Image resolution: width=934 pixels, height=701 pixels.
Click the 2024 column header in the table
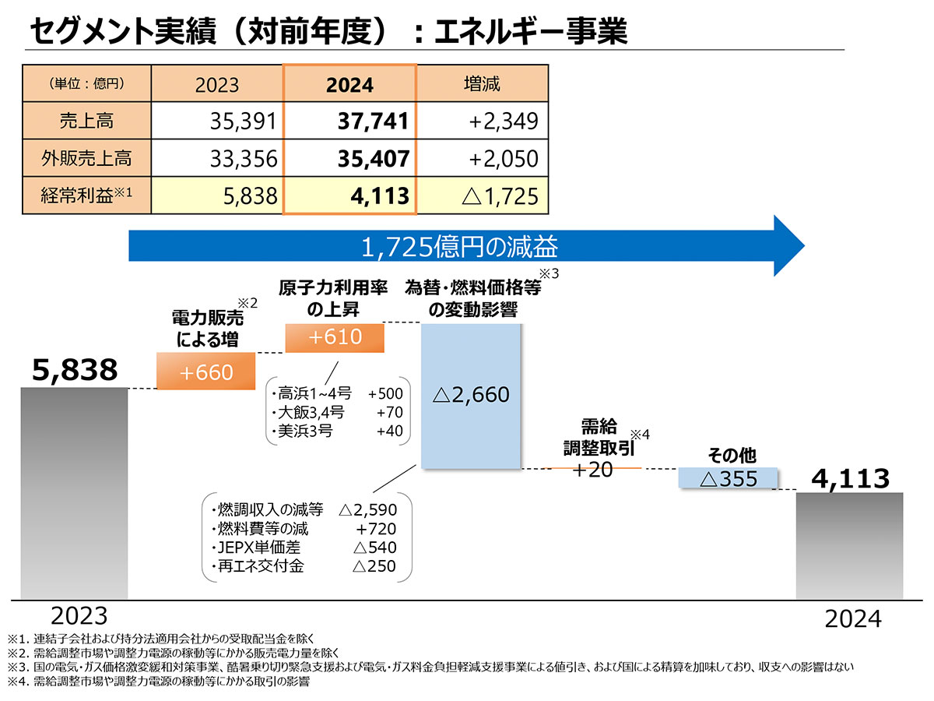point(349,85)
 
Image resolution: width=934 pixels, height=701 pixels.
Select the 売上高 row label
point(86,121)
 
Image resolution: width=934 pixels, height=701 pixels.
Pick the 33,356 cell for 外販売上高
point(243,158)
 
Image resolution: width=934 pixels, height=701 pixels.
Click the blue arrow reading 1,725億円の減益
point(465,247)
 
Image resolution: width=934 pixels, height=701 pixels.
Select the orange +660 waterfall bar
point(206,372)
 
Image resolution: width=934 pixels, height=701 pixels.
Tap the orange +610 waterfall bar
point(335,337)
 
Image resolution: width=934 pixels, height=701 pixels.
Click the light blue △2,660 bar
point(471,395)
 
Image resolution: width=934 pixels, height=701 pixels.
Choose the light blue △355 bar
point(729,477)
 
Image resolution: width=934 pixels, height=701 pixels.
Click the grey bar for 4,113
point(849,545)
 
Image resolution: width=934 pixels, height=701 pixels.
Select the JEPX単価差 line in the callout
point(304,548)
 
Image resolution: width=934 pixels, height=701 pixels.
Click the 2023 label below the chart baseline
point(78,616)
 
